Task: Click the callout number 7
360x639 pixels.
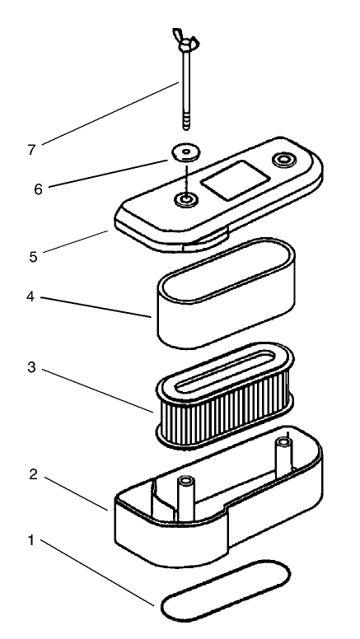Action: click(x=32, y=151)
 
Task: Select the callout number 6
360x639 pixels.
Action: click(x=39, y=189)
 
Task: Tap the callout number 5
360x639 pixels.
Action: click(x=33, y=257)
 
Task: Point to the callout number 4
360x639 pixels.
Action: click(x=30, y=296)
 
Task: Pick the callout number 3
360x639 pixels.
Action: click(x=32, y=367)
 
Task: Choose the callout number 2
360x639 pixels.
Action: click(x=34, y=474)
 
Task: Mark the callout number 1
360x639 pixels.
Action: click(x=30, y=540)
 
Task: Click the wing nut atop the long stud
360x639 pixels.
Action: click(x=185, y=40)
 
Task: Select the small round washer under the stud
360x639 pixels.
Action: click(x=186, y=152)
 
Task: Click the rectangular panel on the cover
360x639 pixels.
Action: click(x=236, y=180)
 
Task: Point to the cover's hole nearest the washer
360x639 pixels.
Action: click(x=186, y=200)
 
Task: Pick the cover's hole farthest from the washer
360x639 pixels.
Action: click(x=283, y=160)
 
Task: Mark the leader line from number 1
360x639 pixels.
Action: click(x=97, y=572)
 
